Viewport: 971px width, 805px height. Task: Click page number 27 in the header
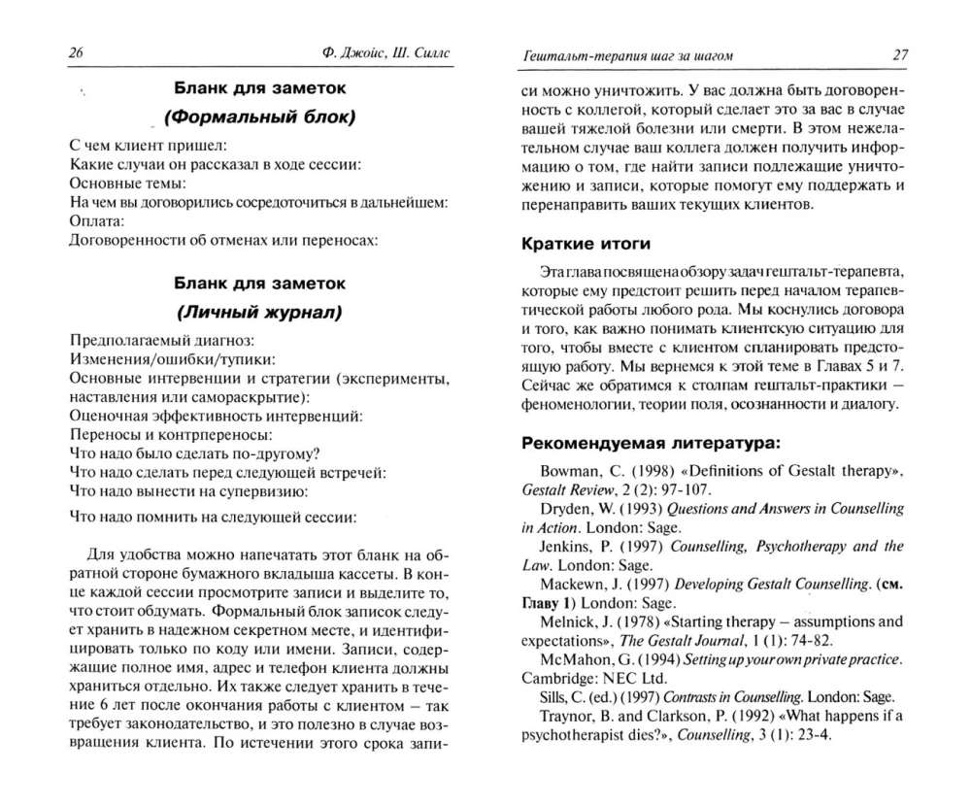pyautogui.click(x=899, y=54)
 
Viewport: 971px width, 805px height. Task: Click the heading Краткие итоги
pyautogui.click(x=586, y=243)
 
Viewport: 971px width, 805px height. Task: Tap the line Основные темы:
pyautogui.click(x=127, y=182)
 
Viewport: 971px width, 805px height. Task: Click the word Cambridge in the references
pyautogui.click(x=556, y=678)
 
